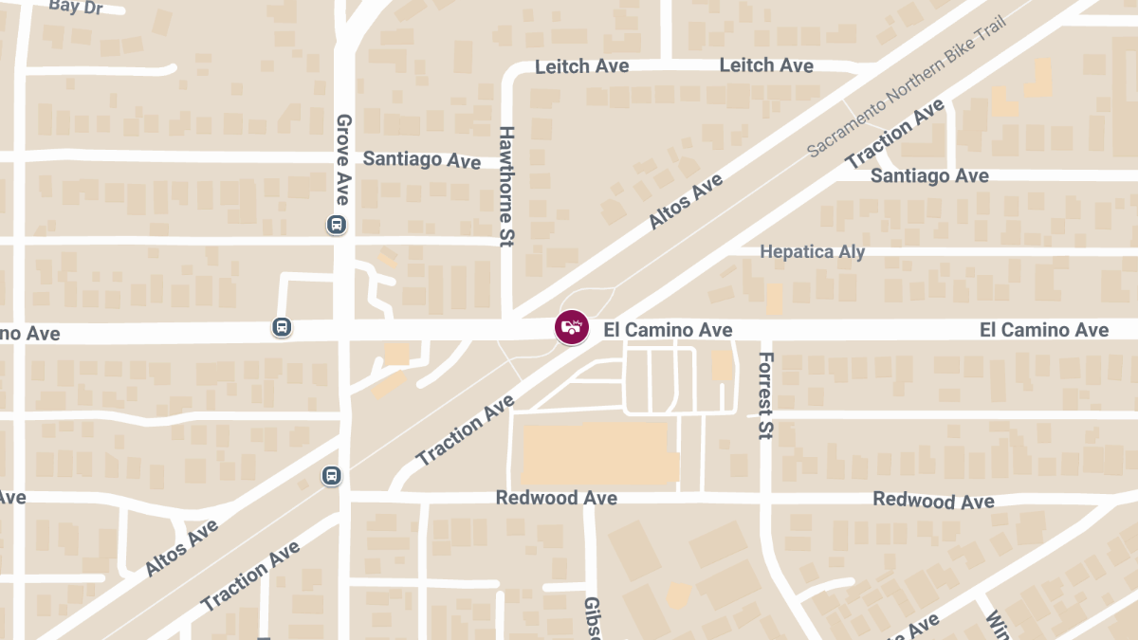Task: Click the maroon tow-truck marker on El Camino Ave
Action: click(571, 327)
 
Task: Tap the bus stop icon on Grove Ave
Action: click(336, 225)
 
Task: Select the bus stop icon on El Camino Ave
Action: click(282, 327)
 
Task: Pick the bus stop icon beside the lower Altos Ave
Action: click(331, 475)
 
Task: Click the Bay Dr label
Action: click(75, 7)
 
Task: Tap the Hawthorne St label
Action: click(506, 187)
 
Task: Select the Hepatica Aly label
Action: click(813, 252)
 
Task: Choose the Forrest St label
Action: click(766, 395)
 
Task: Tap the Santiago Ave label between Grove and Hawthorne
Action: click(422, 159)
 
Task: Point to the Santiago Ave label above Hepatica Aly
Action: click(929, 175)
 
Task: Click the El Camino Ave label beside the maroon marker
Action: click(668, 330)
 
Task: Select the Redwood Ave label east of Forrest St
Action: click(933, 500)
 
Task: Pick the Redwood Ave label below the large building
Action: click(557, 498)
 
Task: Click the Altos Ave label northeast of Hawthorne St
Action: click(685, 201)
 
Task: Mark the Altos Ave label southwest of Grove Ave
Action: click(182, 548)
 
